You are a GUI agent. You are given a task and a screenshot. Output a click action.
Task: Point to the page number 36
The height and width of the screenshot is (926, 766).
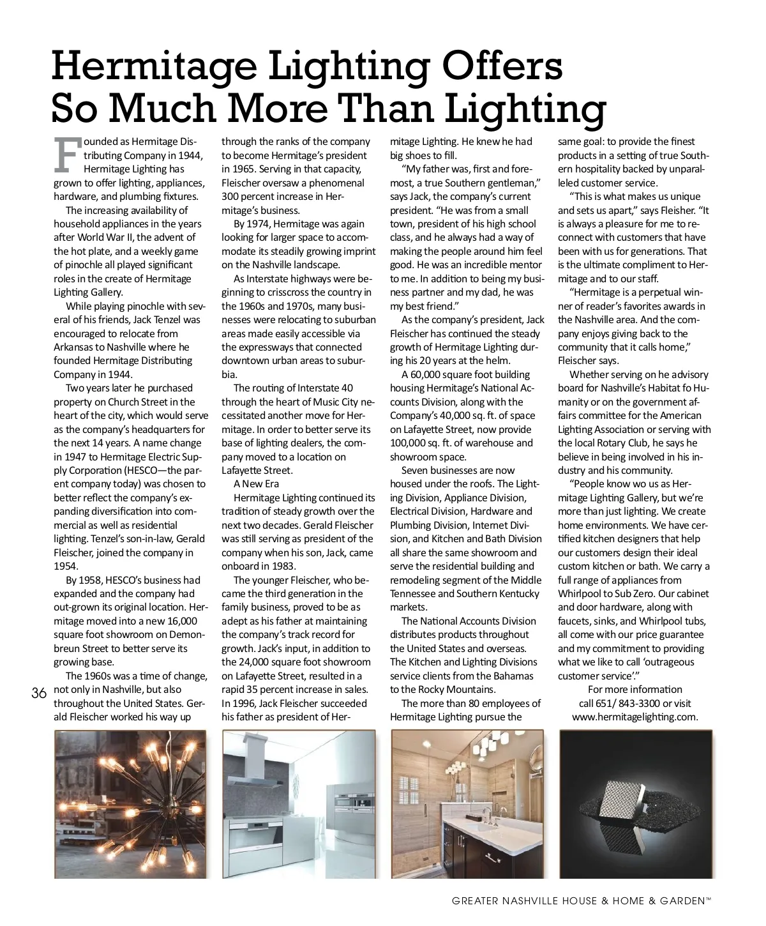(x=39, y=694)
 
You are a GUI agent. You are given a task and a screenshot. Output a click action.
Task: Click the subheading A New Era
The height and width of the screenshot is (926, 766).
(x=256, y=484)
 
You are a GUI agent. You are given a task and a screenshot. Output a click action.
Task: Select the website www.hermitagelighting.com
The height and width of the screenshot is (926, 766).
(x=635, y=717)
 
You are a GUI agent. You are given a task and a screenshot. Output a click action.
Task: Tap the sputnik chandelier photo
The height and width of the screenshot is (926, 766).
(x=130, y=804)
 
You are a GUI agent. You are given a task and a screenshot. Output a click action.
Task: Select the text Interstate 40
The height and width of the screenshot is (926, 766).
(x=322, y=388)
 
